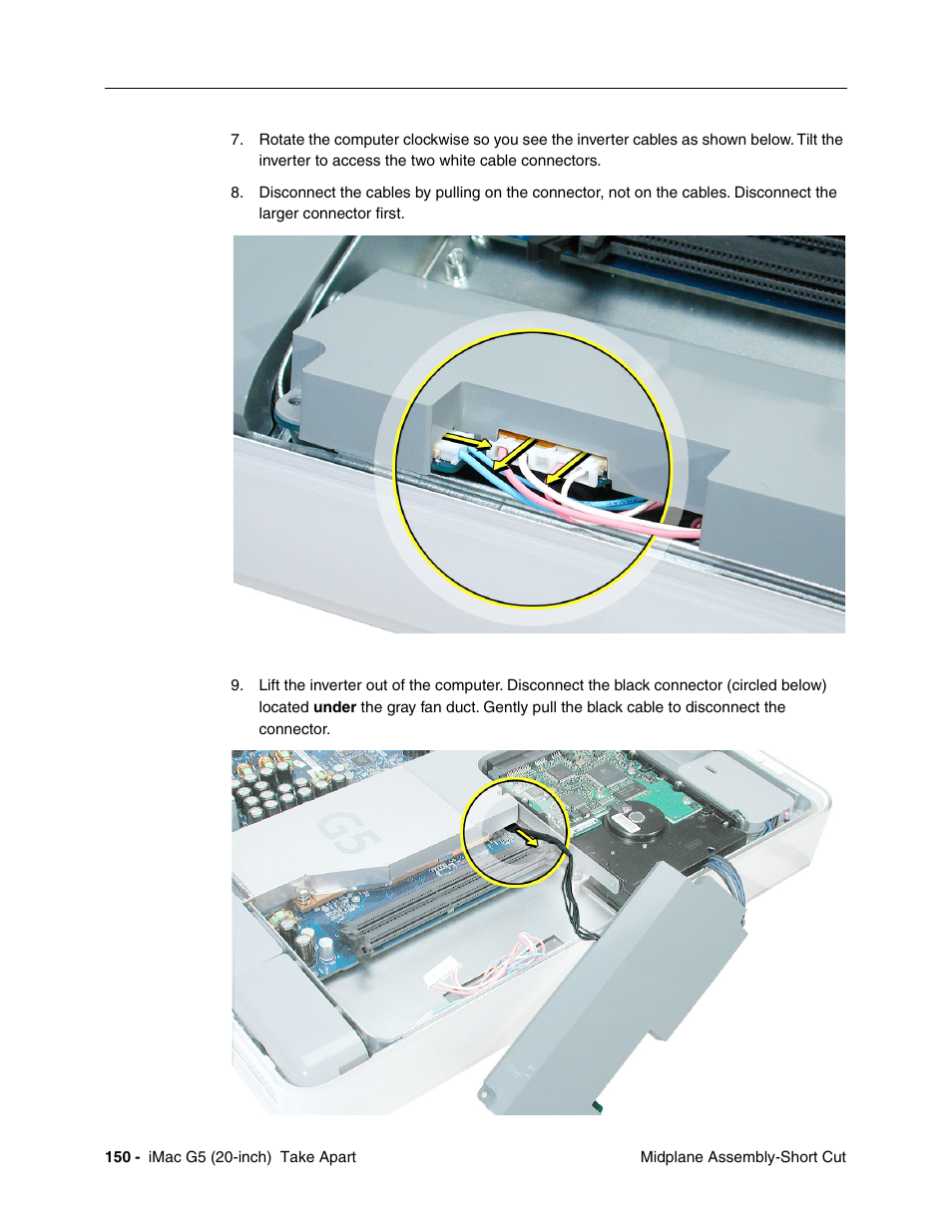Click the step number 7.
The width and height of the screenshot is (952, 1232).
(237, 140)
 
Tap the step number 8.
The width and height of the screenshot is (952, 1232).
(237, 193)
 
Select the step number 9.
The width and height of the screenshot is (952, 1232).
(237, 685)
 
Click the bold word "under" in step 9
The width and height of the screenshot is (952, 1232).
(334, 707)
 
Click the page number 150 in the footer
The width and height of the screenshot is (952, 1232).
(118, 1157)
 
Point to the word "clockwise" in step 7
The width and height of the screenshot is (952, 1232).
(437, 140)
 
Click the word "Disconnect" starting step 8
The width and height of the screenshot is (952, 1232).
(296, 193)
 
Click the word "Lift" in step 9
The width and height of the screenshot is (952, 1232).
(270, 685)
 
